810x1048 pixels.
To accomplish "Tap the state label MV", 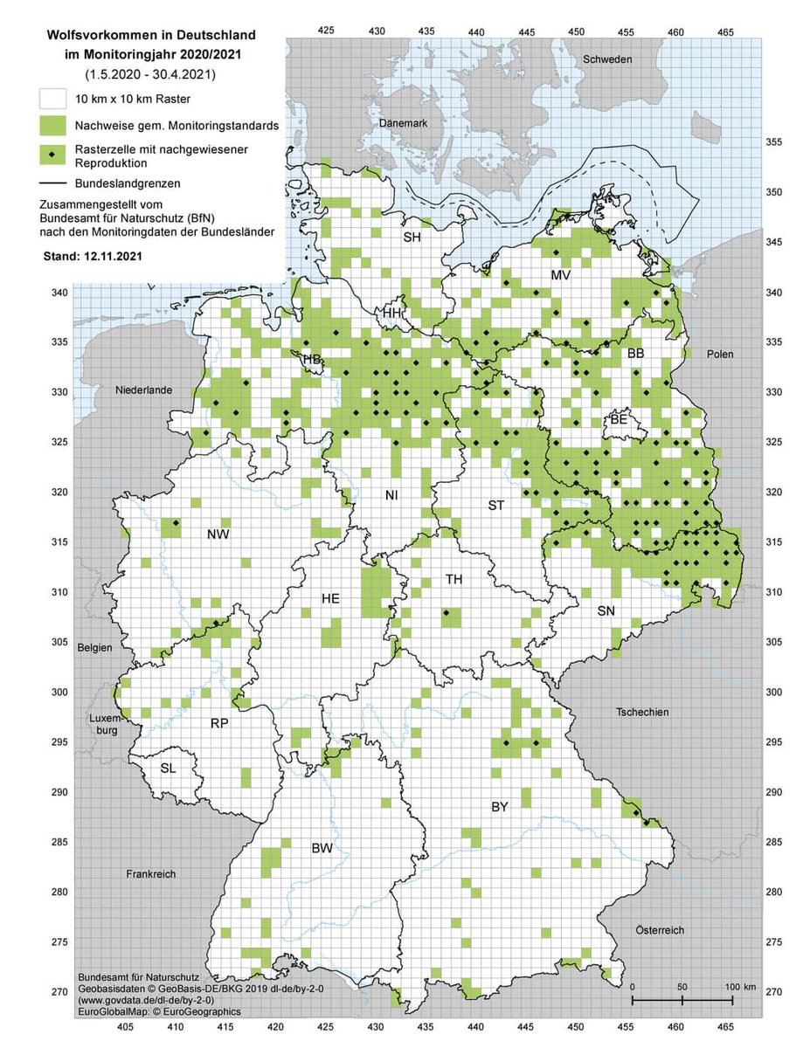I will pyautogui.click(x=560, y=275).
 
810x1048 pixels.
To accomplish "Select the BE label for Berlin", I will pyautogui.click(x=619, y=420).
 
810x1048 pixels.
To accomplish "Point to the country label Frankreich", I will pyautogui.click(x=150, y=873).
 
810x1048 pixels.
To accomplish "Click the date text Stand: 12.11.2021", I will pyautogui.click(x=94, y=259).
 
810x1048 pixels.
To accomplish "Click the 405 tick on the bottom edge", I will pyautogui.click(x=125, y=1029).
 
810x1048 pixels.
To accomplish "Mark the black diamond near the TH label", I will pyautogui.click(x=446, y=613).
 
